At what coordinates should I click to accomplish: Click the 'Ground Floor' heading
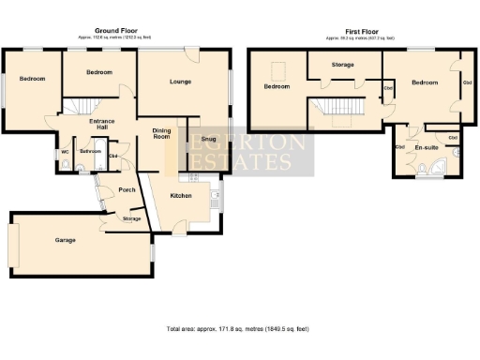(x=116, y=31)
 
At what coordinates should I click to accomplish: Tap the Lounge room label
(x=181, y=82)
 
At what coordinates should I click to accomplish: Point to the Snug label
(x=207, y=139)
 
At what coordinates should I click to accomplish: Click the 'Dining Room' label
(x=161, y=134)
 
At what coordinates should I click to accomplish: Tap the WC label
(x=65, y=152)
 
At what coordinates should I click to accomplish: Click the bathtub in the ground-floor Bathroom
(x=90, y=168)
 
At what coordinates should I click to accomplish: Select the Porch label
(x=127, y=190)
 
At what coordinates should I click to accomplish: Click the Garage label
(x=65, y=240)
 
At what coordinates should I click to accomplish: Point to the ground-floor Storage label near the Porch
(x=132, y=218)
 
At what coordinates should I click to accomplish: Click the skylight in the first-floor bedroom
(x=277, y=68)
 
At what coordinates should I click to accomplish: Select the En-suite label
(x=427, y=149)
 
